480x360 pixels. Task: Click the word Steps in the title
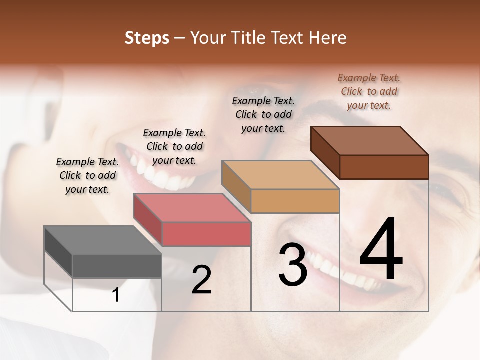pyautogui.click(x=147, y=38)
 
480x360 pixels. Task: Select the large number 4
pyautogui.click(x=381, y=250)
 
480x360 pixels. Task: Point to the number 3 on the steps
pyautogui.click(x=293, y=265)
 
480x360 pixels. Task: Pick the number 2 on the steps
pyautogui.click(x=201, y=280)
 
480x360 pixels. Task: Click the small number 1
pyautogui.click(x=116, y=295)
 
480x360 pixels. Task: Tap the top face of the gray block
pyautogui.click(x=102, y=240)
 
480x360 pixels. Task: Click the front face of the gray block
pyautogui.click(x=117, y=266)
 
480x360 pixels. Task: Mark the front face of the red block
pyautogui.click(x=206, y=234)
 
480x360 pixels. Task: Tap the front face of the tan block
pyautogui.click(x=295, y=201)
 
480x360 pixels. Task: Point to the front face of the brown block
pyautogui.click(x=384, y=167)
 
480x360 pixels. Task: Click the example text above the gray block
pyautogui.click(x=87, y=175)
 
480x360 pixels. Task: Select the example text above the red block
pyautogui.click(x=174, y=146)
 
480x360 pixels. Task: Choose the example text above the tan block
pyautogui.click(x=263, y=114)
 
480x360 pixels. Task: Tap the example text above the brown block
pyautogui.click(x=369, y=91)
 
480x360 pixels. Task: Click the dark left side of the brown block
pyautogui.click(x=325, y=152)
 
